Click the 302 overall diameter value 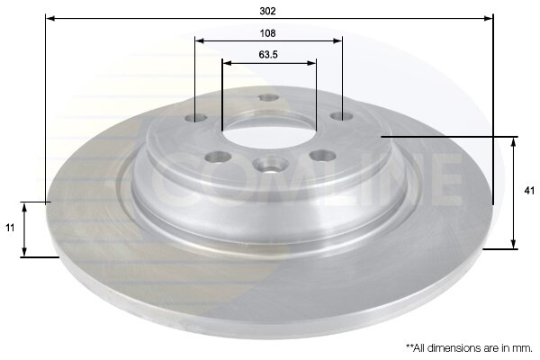(x=269, y=11)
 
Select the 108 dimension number (x=269, y=33)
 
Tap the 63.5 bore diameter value (x=269, y=55)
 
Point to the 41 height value (x=529, y=191)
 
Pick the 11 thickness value (x=10, y=229)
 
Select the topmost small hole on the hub (x=268, y=98)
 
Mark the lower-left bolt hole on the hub (x=217, y=157)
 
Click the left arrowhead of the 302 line (x=49, y=18)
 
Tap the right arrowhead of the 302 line (x=490, y=18)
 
